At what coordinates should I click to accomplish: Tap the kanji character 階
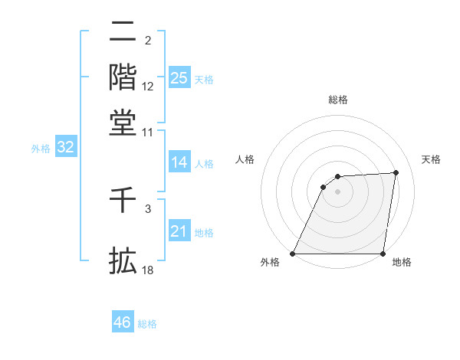coord(123,77)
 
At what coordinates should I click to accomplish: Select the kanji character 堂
coord(123,123)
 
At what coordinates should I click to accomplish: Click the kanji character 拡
coord(123,260)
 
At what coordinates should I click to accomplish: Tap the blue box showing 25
coord(179,78)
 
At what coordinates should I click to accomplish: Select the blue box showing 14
coord(179,162)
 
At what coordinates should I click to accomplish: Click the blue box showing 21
coord(179,231)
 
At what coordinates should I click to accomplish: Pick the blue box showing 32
coord(66,148)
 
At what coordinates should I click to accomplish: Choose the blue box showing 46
coord(123,322)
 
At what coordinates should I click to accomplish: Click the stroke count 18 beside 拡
coord(148,270)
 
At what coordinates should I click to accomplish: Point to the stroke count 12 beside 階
coord(148,87)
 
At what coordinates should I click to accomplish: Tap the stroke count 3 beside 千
coord(148,208)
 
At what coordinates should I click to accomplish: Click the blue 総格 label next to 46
coord(147,324)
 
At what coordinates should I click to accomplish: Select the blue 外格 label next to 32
coord(40,149)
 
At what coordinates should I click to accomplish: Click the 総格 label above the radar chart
coord(337,100)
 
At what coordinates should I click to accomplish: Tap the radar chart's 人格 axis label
coord(245,159)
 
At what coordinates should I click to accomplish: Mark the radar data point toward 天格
coord(396,172)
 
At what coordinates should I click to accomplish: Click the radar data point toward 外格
coord(293,254)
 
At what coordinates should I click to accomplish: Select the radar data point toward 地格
coord(383,254)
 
